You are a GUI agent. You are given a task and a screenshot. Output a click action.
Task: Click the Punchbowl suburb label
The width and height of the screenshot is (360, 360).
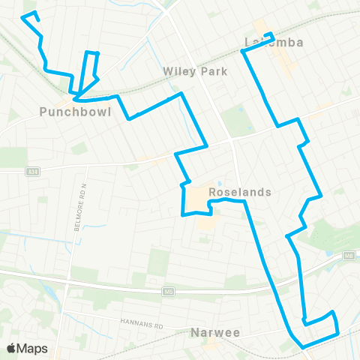click(76, 112)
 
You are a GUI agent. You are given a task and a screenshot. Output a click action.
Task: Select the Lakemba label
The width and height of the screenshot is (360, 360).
click(274, 43)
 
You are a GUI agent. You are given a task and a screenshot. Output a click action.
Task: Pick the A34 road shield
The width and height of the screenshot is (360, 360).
click(31, 172)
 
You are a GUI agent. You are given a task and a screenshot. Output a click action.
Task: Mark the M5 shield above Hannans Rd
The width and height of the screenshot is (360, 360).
click(169, 292)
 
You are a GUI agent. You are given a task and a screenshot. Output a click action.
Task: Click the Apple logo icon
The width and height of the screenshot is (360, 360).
click(13, 348)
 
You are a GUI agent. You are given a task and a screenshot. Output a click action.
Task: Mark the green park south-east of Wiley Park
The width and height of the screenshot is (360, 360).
click(239, 118)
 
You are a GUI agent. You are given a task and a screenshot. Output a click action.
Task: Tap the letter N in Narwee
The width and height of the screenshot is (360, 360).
click(195, 331)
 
